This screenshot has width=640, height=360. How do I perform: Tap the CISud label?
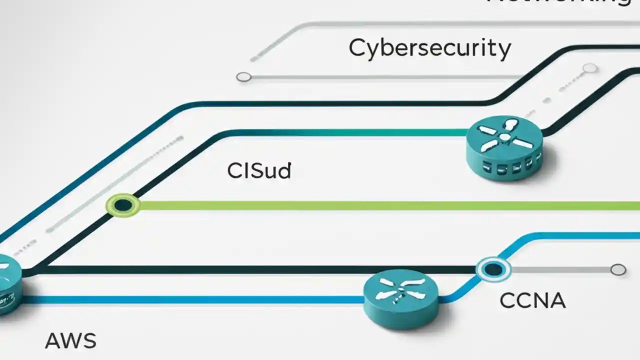pyautogui.click(x=258, y=171)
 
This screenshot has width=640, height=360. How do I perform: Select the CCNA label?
pyautogui.click(x=532, y=301)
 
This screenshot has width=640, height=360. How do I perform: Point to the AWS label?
pyautogui.click(x=70, y=341)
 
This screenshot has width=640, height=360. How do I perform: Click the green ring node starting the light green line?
pyautogui.click(x=123, y=205)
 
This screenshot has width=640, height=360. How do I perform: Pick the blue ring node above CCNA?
pyautogui.click(x=493, y=270)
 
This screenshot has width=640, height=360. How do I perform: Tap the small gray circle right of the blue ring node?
pyautogui.click(x=618, y=270)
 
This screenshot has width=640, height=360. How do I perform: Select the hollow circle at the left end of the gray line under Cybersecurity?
pyautogui.click(x=243, y=77)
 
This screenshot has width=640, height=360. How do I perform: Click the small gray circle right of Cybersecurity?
pyautogui.click(x=590, y=68)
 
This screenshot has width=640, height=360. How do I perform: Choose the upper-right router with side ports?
pyautogui.click(x=505, y=147)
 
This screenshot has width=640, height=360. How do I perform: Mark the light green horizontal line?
pyautogui.click(x=380, y=205)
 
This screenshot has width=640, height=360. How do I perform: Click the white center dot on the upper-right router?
pyautogui.click(x=505, y=137)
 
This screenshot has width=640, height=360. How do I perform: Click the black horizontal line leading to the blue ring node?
pyautogui.click(x=250, y=270)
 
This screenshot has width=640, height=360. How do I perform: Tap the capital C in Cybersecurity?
pyautogui.click(x=357, y=48)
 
